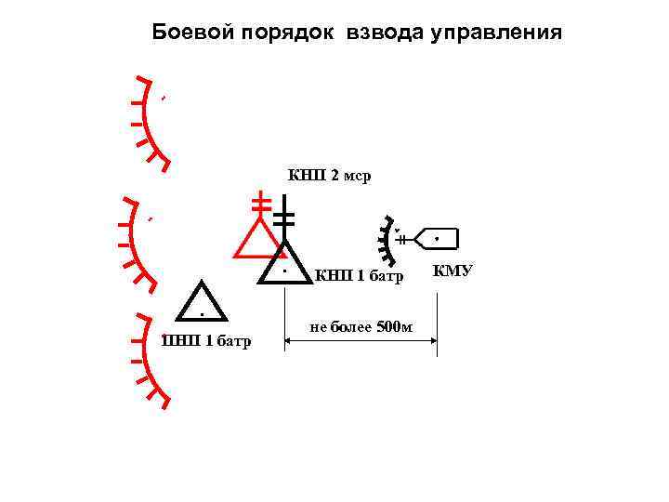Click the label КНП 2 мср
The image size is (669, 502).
pyautogui.click(x=329, y=176)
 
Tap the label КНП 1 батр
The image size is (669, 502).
pyautogui.click(x=361, y=275)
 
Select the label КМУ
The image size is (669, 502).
pyautogui.click(x=453, y=271)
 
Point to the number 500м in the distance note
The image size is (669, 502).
pyautogui.click(x=395, y=326)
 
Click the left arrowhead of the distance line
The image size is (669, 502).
pyautogui.click(x=289, y=341)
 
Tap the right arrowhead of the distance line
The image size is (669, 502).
pyautogui.click(x=433, y=341)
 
